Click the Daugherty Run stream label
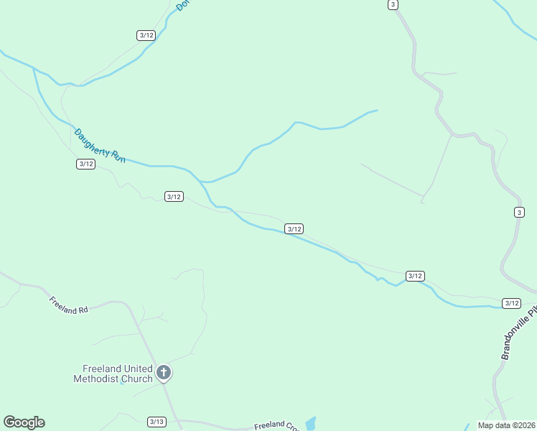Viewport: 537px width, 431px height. [100, 145]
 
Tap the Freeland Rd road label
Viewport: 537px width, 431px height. [68, 305]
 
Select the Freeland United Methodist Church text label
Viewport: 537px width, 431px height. [113, 374]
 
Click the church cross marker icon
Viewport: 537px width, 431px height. [164, 372]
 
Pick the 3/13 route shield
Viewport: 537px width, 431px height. [157, 422]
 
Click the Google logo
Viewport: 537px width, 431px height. [24, 422]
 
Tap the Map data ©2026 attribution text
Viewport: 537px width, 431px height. [506, 425]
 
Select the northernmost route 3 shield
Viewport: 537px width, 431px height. [393, 4]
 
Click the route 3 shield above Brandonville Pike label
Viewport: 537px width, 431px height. [519, 212]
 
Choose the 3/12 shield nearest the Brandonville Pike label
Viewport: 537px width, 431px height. [511, 303]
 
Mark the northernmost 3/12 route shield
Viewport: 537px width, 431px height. [146, 35]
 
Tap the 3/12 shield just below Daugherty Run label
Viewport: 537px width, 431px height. [85, 164]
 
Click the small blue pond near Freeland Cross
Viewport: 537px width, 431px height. [310, 423]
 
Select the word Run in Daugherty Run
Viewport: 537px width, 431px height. [118, 156]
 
